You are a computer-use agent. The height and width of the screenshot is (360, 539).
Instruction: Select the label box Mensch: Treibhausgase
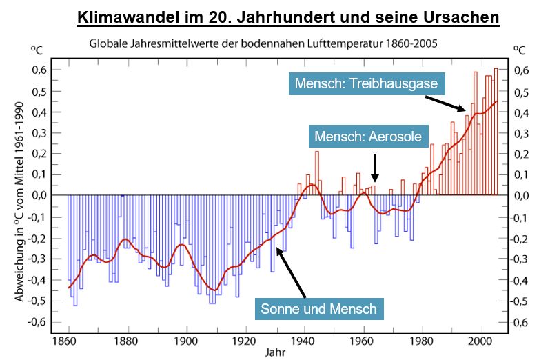(x=367, y=84)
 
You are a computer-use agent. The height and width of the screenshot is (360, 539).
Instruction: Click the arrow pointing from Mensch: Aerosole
(x=374, y=166)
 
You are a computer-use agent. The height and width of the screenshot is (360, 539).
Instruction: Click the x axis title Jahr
(x=272, y=352)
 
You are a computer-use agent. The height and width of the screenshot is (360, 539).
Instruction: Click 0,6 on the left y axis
(x=37, y=70)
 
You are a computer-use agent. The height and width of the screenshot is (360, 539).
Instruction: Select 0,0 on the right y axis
(x=526, y=196)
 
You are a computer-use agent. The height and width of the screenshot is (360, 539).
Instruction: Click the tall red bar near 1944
(x=317, y=172)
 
